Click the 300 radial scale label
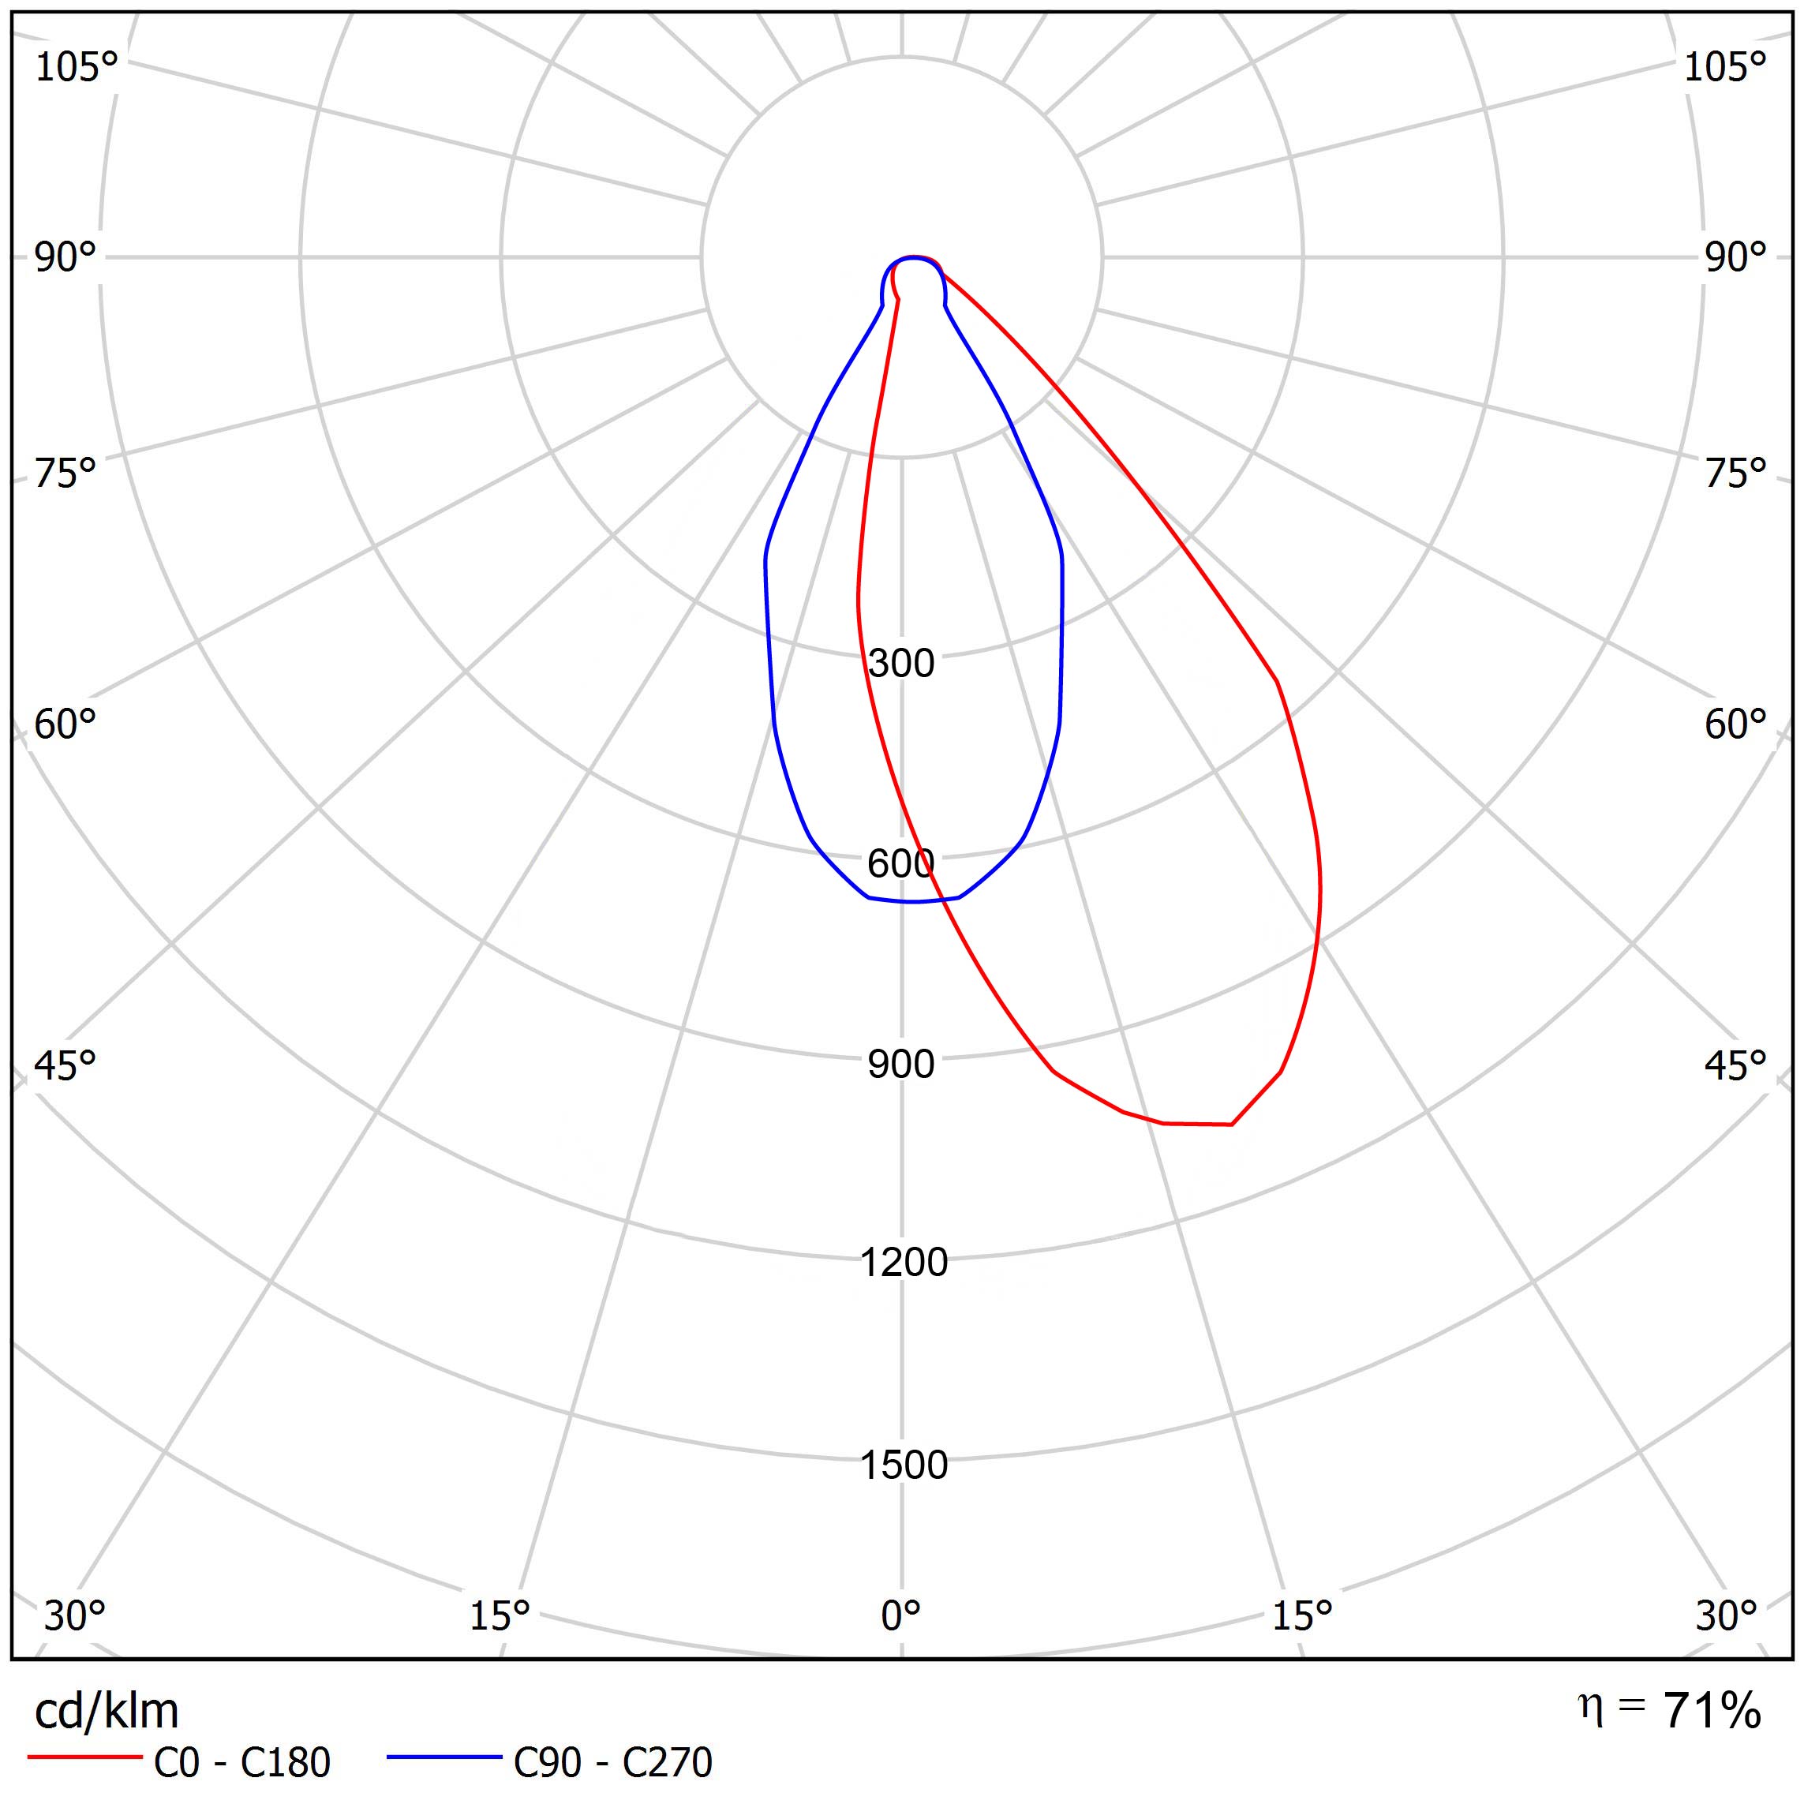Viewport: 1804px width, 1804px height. pyautogui.click(x=901, y=663)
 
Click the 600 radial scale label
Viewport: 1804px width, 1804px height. pyautogui.click(x=901, y=863)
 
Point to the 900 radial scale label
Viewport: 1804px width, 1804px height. pyautogui.click(x=901, y=1065)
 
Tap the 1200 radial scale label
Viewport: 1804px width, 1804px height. pyautogui.click(x=903, y=1263)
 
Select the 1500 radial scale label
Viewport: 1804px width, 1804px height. pyautogui.click(x=903, y=1465)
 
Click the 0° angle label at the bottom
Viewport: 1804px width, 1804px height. pyautogui.click(x=901, y=1615)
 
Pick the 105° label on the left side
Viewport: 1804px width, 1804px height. pyautogui.click(x=77, y=67)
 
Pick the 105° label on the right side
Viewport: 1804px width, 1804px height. pyautogui.click(x=1724, y=67)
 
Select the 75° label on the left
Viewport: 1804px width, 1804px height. pyautogui.click(x=65, y=473)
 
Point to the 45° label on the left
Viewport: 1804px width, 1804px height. pyautogui.click(x=65, y=1065)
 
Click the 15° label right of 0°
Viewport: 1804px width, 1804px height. pyautogui.click(x=1303, y=1615)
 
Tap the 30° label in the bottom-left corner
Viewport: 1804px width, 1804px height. pyautogui.click(x=75, y=1615)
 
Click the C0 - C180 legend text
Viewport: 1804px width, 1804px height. pyautogui.click(x=241, y=1762)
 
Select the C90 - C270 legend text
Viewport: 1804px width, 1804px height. pyautogui.click(x=612, y=1762)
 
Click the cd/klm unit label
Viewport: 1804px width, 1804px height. pyautogui.click(x=107, y=1711)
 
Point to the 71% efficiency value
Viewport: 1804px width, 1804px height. pyautogui.click(x=1712, y=1711)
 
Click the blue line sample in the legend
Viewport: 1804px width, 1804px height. pyautogui.click(x=444, y=1757)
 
